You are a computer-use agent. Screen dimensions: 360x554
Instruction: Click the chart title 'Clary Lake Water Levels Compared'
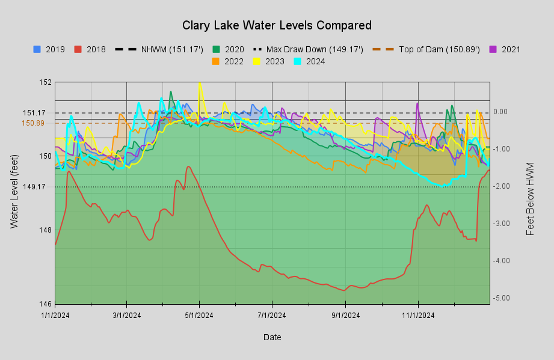point(277,25)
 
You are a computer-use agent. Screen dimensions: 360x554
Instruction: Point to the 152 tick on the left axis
point(46,82)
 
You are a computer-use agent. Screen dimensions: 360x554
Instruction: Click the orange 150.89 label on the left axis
point(34,123)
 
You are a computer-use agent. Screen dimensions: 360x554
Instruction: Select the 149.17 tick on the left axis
point(34,186)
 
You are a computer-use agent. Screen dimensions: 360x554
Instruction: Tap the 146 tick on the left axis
point(46,304)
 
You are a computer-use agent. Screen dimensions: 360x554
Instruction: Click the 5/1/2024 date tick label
point(199,314)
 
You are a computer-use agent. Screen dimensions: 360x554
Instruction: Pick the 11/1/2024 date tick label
point(418,314)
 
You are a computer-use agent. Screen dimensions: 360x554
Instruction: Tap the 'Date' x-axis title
point(272,337)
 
